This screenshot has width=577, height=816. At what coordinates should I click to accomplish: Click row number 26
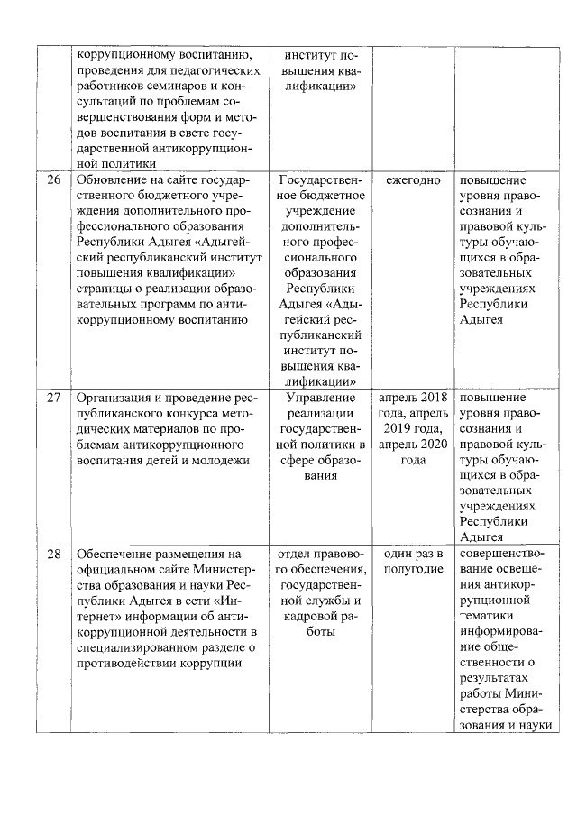pos(54,180)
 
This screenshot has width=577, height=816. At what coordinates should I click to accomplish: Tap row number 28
pos(54,554)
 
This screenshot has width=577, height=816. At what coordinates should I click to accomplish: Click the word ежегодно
pos(413,180)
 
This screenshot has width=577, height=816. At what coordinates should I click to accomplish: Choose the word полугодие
pos(413,569)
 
